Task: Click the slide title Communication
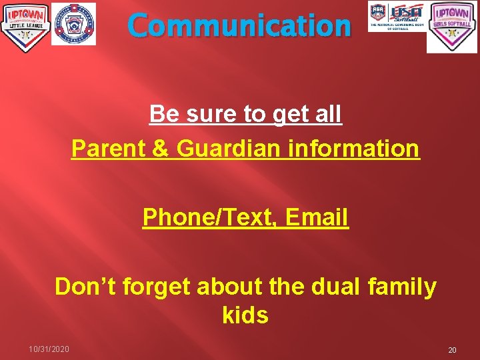point(239,25)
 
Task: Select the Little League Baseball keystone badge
point(73,24)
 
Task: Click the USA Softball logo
point(397,17)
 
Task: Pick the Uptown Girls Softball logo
point(452,27)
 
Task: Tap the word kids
point(245,315)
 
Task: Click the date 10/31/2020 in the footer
point(49,349)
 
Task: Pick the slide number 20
point(452,350)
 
